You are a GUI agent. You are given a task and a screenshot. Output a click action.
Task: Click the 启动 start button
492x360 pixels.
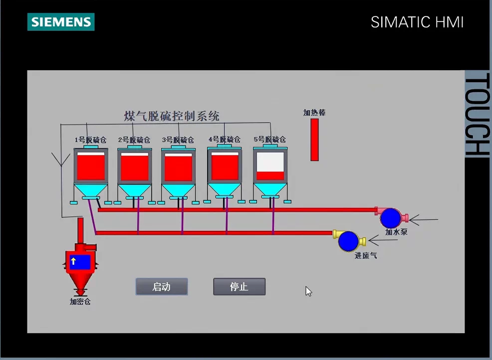pos(162,287)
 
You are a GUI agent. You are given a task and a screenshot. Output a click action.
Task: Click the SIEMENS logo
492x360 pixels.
pos(61,22)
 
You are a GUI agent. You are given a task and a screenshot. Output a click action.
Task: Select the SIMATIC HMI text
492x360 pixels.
pos(417,22)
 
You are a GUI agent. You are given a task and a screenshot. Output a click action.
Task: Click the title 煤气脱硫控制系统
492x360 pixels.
pos(172,116)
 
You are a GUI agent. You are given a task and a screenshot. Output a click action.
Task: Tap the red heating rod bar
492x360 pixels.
pos(314,140)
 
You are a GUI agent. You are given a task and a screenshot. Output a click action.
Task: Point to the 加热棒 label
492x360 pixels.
pos(314,113)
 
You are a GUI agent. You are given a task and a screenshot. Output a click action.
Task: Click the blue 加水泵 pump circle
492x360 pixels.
pos(391,218)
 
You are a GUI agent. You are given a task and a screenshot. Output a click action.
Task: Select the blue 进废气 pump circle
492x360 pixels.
pos(349,241)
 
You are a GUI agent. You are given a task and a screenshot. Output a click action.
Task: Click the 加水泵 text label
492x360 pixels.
pos(396,231)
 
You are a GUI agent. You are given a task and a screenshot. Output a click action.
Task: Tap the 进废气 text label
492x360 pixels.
pos(365,255)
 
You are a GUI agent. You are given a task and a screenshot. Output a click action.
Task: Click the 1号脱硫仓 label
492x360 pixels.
pos(90,140)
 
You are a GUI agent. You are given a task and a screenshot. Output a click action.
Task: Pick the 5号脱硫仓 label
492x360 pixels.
pos(269,140)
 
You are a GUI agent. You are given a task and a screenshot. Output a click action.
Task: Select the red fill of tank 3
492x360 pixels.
pos(178,168)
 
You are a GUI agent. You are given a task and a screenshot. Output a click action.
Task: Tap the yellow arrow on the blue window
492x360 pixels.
pos(73,261)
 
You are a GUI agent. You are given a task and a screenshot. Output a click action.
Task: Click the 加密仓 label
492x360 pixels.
pos(80,302)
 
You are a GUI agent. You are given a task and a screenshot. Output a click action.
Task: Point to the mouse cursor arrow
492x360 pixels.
pos(308,291)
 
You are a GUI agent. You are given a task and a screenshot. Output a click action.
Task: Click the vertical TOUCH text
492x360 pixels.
pos(477,115)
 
